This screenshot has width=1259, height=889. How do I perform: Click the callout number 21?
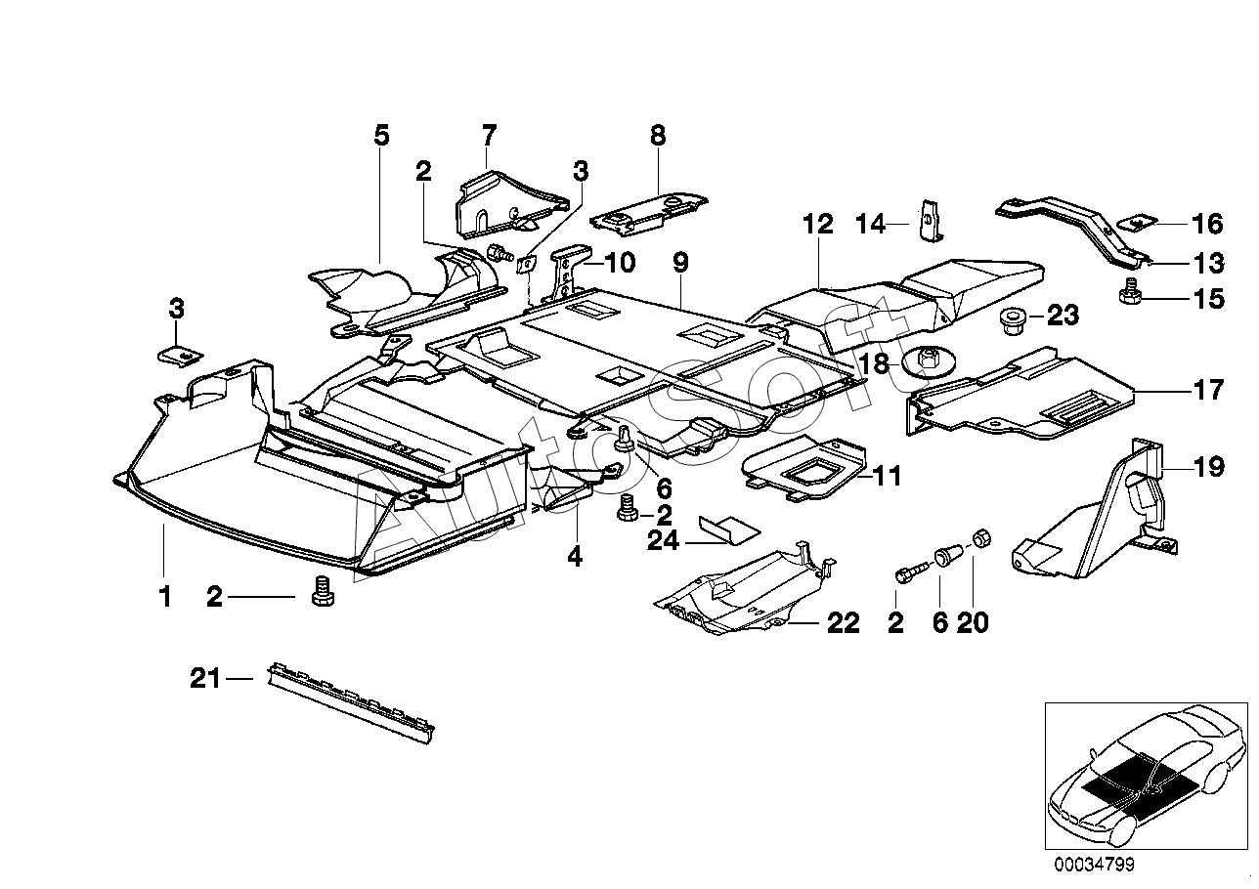click(x=204, y=678)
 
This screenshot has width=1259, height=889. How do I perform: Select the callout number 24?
click(x=663, y=541)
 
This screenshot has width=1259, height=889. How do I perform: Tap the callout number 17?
click(x=1208, y=390)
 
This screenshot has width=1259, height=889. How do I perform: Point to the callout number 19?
click(x=1208, y=467)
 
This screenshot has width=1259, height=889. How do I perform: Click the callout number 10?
click(x=620, y=262)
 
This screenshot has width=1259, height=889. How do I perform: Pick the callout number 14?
click(x=871, y=224)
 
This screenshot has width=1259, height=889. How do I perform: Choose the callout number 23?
click(x=1063, y=316)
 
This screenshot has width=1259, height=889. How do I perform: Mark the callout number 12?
click(x=818, y=224)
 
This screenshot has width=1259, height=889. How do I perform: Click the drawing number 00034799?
click(x=1095, y=864)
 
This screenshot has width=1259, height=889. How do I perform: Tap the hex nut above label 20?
click(x=981, y=538)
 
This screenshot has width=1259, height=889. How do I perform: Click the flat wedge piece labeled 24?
click(x=728, y=529)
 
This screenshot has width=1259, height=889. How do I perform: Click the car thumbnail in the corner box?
click(x=1145, y=774)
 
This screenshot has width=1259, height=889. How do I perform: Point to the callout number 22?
click(x=843, y=623)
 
